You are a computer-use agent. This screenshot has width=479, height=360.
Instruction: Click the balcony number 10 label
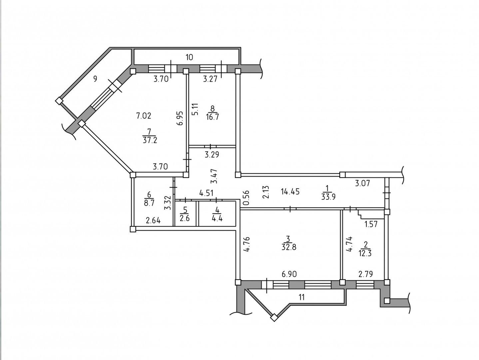click(x=189, y=57)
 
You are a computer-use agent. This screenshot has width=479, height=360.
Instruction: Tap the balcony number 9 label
click(x=95, y=79)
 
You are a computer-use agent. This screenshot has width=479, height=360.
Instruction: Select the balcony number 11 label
click(x=302, y=297)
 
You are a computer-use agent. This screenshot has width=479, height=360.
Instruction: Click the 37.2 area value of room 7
click(x=150, y=140)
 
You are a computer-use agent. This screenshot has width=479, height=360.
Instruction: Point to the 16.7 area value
click(x=212, y=117)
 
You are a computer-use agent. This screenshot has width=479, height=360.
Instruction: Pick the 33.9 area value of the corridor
click(x=328, y=197)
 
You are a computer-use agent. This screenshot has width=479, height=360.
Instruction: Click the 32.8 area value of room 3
click(x=289, y=247)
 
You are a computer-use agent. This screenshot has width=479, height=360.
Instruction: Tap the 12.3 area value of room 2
click(x=365, y=253)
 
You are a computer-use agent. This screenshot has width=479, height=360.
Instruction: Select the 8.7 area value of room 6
click(x=149, y=203)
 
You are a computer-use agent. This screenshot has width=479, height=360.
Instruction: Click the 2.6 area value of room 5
click(x=185, y=218)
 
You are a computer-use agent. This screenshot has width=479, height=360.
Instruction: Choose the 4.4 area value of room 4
click(x=217, y=218)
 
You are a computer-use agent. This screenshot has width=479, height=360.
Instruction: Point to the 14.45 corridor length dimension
click(x=290, y=192)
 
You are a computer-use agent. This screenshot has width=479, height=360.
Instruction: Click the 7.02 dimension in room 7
click(x=144, y=115)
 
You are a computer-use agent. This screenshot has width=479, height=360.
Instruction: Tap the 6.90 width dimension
click(x=289, y=274)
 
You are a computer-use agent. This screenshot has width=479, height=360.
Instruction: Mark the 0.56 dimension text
click(x=247, y=198)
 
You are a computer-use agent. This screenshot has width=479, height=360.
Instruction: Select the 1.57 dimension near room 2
click(x=371, y=224)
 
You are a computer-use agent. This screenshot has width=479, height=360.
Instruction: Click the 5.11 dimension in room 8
click(x=195, y=109)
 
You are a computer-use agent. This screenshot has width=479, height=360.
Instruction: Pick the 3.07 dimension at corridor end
click(x=363, y=183)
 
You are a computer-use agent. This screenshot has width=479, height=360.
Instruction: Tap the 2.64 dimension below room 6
click(x=153, y=220)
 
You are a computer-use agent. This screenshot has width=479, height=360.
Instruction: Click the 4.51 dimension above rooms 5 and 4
click(x=207, y=193)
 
